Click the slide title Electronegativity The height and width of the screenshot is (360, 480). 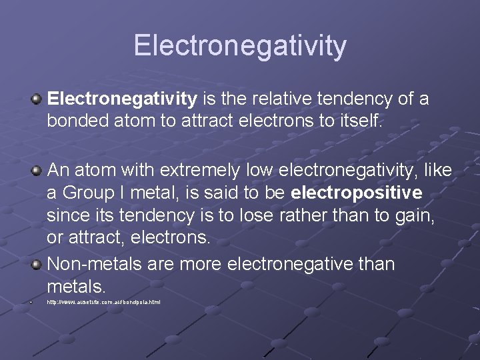(x=240, y=46)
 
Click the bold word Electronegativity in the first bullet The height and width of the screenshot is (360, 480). (x=122, y=99)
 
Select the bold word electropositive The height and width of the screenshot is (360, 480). (x=357, y=193)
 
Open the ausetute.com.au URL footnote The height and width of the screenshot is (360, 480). (x=103, y=303)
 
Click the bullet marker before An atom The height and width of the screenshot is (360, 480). (x=37, y=171)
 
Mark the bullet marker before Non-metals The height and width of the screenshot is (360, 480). (x=37, y=265)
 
